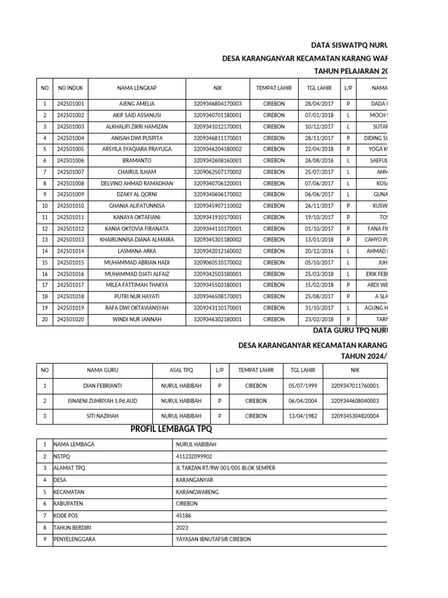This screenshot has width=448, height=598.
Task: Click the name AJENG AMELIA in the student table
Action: (x=137, y=104)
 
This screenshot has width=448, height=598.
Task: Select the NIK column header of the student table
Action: (x=218, y=88)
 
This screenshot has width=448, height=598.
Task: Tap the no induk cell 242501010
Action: (x=71, y=206)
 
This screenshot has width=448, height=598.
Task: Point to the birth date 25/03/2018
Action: (x=319, y=274)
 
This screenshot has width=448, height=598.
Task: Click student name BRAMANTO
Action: (x=137, y=161)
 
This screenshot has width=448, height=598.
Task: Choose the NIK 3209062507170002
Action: (x=218, y=172)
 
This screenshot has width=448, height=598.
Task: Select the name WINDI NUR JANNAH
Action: (x=137, y=319)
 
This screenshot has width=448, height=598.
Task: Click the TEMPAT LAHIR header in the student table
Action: (x=274, y=88)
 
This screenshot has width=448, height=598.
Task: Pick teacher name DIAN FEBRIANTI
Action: (x=102, y=385)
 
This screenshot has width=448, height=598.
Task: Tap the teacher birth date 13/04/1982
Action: (x=302, y=416)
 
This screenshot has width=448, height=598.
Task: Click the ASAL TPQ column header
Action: (x=181, y=370)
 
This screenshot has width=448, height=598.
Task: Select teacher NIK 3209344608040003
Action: (x=355, y=401)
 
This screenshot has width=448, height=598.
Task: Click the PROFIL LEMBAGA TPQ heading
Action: (x=175, y=430)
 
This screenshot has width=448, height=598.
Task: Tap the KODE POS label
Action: (x=66, y=516)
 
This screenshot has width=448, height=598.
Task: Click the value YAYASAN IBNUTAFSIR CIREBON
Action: (x=213, y=539)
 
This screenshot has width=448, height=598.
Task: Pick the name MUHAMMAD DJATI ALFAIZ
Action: (x=137, y=274)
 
